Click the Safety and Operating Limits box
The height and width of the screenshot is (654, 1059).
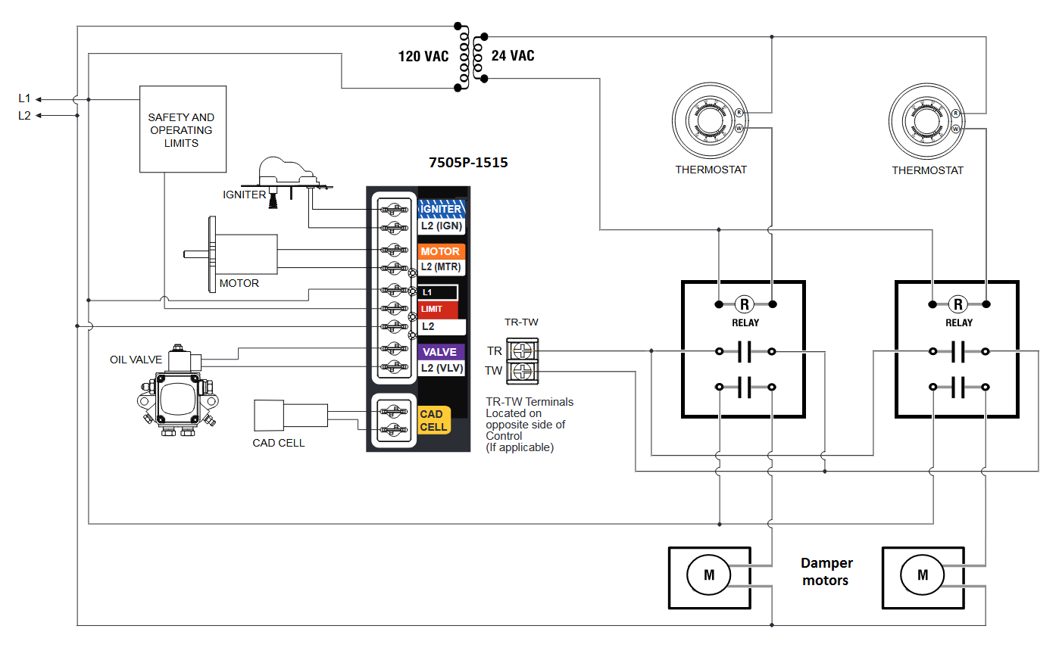(x=183, y=129)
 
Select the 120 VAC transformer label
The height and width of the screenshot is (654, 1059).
(x=423, y=56)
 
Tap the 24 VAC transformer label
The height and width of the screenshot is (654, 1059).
(x=513, y=55)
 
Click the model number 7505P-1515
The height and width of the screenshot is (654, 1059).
(x=468, y=163)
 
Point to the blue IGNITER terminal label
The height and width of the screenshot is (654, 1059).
(x=441, y=209)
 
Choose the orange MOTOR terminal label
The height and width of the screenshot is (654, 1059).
(x=440, y=251)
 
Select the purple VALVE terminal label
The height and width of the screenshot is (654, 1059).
(x=440, y=352)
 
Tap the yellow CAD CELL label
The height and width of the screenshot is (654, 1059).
(x=434, y=421)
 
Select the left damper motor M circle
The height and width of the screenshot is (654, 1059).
(x=709, y=575)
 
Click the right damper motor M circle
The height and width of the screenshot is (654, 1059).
(x=923, y=575)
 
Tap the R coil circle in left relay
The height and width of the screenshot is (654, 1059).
(x=745, y=305)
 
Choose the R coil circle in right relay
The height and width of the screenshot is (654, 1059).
(x=958, y=305)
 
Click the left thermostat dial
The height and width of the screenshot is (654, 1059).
(x=710, y=121)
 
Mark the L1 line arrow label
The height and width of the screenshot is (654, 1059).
(x=25, y=98)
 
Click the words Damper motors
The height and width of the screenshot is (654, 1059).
(x=826, y=571)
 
